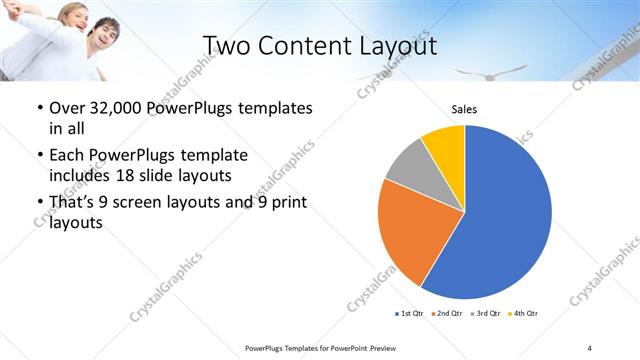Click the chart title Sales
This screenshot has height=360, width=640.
tap(465, 109)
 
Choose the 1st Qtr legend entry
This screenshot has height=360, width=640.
tap(409, 315)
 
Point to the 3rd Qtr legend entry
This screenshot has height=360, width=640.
tap(487, 315)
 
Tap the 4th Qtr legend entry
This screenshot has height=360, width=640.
tap(524, 315)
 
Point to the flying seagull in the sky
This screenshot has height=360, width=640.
tap(505, 72)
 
